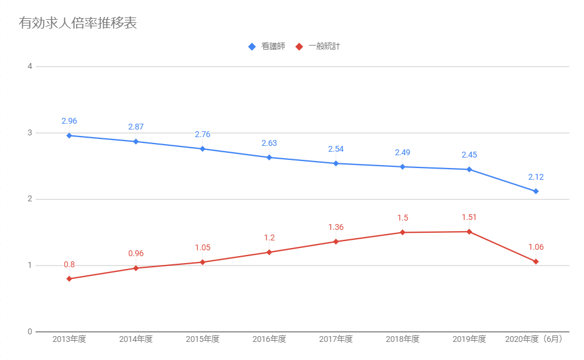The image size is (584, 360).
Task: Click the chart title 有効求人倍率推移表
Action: pos(78,23)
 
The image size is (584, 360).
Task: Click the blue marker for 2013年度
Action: pos(69,135)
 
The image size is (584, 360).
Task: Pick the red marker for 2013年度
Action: pos(69,279)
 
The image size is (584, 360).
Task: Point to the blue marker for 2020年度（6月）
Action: pos(536,191)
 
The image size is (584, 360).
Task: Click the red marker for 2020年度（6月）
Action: pos(536,261)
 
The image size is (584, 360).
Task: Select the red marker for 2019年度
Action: pos(469,232)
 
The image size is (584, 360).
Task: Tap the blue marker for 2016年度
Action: pos(269,158)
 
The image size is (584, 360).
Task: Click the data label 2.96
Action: pos(69,121)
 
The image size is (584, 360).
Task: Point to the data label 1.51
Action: pos(469,218)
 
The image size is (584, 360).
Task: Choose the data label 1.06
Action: pos(536,247)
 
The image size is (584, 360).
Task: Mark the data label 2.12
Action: pos(536,177)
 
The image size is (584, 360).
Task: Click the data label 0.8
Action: pos(69,265)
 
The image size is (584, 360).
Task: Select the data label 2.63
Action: pos(269,144)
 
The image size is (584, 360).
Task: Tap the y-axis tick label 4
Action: pos(30,67)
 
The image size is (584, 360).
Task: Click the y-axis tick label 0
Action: pos(30,332)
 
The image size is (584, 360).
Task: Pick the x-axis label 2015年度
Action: pos(202,340)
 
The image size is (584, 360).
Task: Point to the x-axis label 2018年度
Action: pos(403,340)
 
